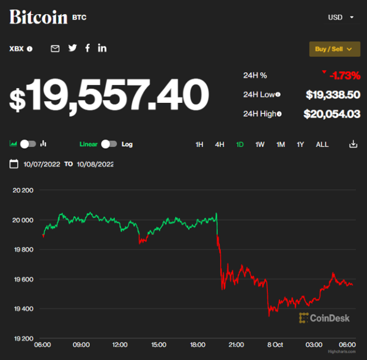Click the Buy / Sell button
(x=335, y=49)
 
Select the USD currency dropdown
(x=341, y=17)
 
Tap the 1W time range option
(x=260, y=144)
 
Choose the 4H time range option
(x=220, y=144)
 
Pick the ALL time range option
(x=322, y=144)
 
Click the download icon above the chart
(x=353, y=144)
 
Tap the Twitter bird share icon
(x=72, y=48)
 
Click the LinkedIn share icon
(x=102, y=48)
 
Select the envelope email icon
(x=55, y=48)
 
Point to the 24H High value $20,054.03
(x=332, y=113)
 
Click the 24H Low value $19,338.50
(x=333, y=94)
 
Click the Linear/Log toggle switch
(x=109, y=144)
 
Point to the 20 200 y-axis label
(x=23, y=190)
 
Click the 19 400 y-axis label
(x=23, y=309)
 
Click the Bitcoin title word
(x=38, y=17)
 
